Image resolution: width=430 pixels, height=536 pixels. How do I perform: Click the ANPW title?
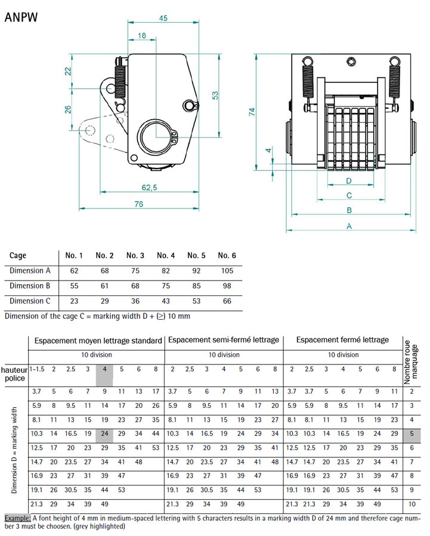click(21, 17)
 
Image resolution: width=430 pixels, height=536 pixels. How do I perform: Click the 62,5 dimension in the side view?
click(149, 188)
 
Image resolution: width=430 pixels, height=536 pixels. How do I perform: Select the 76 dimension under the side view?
click(138, 204)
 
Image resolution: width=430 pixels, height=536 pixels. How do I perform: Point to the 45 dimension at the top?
click(163, 18)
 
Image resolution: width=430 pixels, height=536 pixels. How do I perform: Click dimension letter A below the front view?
click(349, 226)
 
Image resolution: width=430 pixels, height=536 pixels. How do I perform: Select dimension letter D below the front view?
click(348, 180)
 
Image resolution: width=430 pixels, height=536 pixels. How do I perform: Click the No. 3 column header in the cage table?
click(135, 255)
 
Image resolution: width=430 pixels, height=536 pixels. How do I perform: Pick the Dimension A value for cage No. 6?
click(227, 271)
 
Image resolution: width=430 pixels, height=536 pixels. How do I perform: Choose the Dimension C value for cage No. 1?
click(74, 301)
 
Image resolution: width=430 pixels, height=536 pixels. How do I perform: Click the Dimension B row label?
click(26, 286)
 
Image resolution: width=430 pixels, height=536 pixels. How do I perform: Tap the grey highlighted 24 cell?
click(104, 434)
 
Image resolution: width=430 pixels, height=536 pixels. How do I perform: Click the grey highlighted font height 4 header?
click(104, 369)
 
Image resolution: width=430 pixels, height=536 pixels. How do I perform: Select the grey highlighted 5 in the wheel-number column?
click(412, 434)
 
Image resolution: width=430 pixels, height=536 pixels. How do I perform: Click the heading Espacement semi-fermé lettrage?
click(224, 340)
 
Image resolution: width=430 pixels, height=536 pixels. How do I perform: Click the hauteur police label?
click(14, 373)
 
